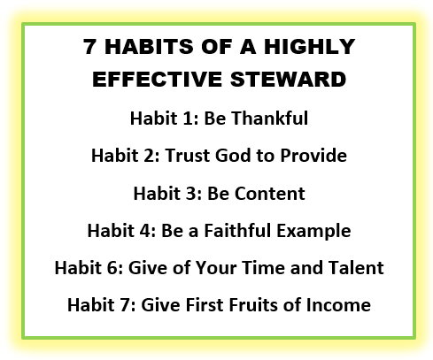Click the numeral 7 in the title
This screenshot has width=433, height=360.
[89, 47]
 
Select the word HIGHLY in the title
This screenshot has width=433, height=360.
[309, 47]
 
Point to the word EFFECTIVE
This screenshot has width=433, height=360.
[157, 80]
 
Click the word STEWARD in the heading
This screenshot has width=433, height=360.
[288, 80]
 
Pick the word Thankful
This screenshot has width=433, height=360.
[269, 119]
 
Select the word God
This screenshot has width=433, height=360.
[233, 156]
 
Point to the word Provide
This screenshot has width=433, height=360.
[313, 156]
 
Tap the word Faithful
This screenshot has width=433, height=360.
[237, 230]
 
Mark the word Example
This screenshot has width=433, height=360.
[313, 232]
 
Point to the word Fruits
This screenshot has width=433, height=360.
[253, 304]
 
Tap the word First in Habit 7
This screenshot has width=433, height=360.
[204, 304]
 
